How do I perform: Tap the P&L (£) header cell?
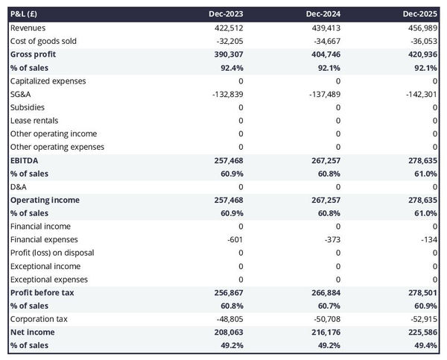[x=25, y=14]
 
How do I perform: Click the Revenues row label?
[x=28, y=28]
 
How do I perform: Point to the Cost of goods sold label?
[x=43, y=41]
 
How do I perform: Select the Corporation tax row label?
[x=39, y=319]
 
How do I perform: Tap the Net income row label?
[x=33, y=332]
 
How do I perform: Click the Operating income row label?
[x=45, y=200]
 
